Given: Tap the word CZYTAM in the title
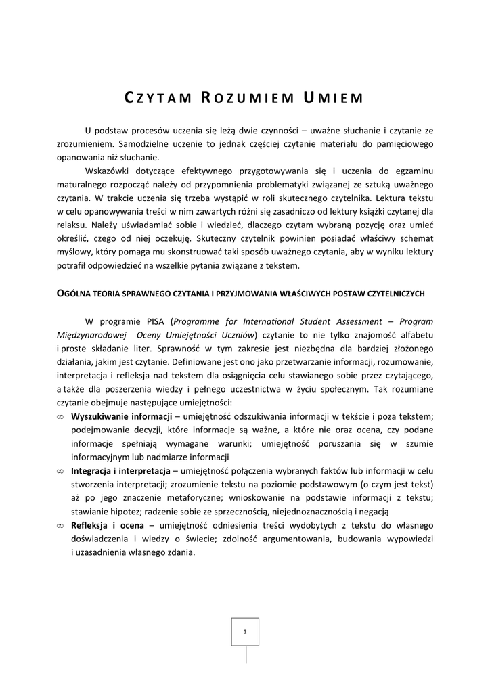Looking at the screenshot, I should point(156,98).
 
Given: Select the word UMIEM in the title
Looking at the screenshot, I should point(333,98).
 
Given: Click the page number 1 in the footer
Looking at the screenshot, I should point(245,631).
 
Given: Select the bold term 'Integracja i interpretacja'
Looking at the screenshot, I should point(122,470).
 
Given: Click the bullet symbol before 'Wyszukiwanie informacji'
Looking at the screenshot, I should point(61,416).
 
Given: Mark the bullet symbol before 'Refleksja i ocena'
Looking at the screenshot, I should point(61,526).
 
